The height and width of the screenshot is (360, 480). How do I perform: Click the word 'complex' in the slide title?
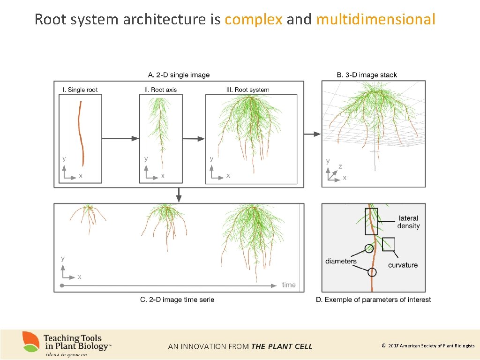point(253,20)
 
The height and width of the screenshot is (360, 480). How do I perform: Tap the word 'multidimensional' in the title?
point(376,20)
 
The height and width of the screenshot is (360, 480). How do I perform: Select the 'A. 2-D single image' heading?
point(179,75)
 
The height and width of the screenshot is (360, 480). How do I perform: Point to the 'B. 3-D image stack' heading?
point(367,75)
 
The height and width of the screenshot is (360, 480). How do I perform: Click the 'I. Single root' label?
point(80,90)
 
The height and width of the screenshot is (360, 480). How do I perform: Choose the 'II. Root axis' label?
point(161,90)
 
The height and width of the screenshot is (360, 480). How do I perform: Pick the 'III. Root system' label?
point(248,90)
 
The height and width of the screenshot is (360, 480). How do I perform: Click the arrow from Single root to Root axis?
point(120,138)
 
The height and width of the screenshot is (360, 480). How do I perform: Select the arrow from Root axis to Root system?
point(194,138)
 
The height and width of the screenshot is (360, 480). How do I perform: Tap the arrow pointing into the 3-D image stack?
point(312,134)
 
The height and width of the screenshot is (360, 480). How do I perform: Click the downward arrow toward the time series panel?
point(179,195)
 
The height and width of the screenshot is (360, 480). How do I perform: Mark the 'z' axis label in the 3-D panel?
point(340,166)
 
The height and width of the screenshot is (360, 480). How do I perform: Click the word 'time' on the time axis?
point(289,285)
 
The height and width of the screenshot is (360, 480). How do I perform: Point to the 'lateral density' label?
point(408,222)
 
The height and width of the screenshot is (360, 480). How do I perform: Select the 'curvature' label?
point(403,265)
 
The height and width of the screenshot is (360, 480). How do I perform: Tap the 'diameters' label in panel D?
point(341,261)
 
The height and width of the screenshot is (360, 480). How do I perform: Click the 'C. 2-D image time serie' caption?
point(177,300)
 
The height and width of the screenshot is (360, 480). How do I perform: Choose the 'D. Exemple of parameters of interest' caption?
point(373,300)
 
